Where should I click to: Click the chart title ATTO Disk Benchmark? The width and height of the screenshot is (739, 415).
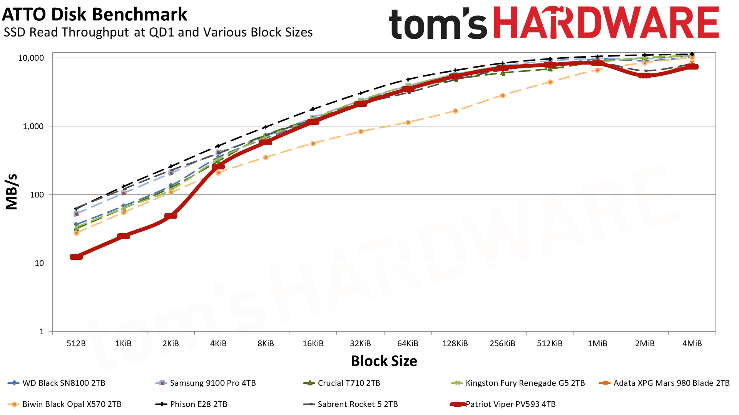95,15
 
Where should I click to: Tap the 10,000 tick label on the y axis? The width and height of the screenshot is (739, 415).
31,58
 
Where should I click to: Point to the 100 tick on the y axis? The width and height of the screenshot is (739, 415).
37,195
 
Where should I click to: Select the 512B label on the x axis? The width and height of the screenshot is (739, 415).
76,344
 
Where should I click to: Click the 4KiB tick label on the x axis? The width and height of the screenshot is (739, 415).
218,344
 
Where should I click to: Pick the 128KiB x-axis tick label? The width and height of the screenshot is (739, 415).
455,344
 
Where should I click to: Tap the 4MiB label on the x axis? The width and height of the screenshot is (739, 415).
692,344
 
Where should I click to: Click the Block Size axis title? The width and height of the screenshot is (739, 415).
384,361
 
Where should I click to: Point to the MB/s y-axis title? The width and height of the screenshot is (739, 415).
12,192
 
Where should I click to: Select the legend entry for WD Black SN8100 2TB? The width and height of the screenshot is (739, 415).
64,383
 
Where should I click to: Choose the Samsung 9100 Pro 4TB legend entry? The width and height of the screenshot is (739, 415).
212,383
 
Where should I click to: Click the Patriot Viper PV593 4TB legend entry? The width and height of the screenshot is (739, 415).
510,404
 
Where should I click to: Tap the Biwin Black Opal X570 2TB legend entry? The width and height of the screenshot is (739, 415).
72,404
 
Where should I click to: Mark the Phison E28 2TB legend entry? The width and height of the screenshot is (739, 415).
198,404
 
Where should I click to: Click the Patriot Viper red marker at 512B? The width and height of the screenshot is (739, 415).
76,257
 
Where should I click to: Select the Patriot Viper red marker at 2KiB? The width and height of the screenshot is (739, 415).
171,216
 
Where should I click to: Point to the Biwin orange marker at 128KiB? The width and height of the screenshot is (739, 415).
455,111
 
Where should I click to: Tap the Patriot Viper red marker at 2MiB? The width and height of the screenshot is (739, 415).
645,75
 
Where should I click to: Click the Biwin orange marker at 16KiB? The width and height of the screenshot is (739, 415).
313,144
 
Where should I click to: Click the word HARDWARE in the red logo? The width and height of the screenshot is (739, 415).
606,23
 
